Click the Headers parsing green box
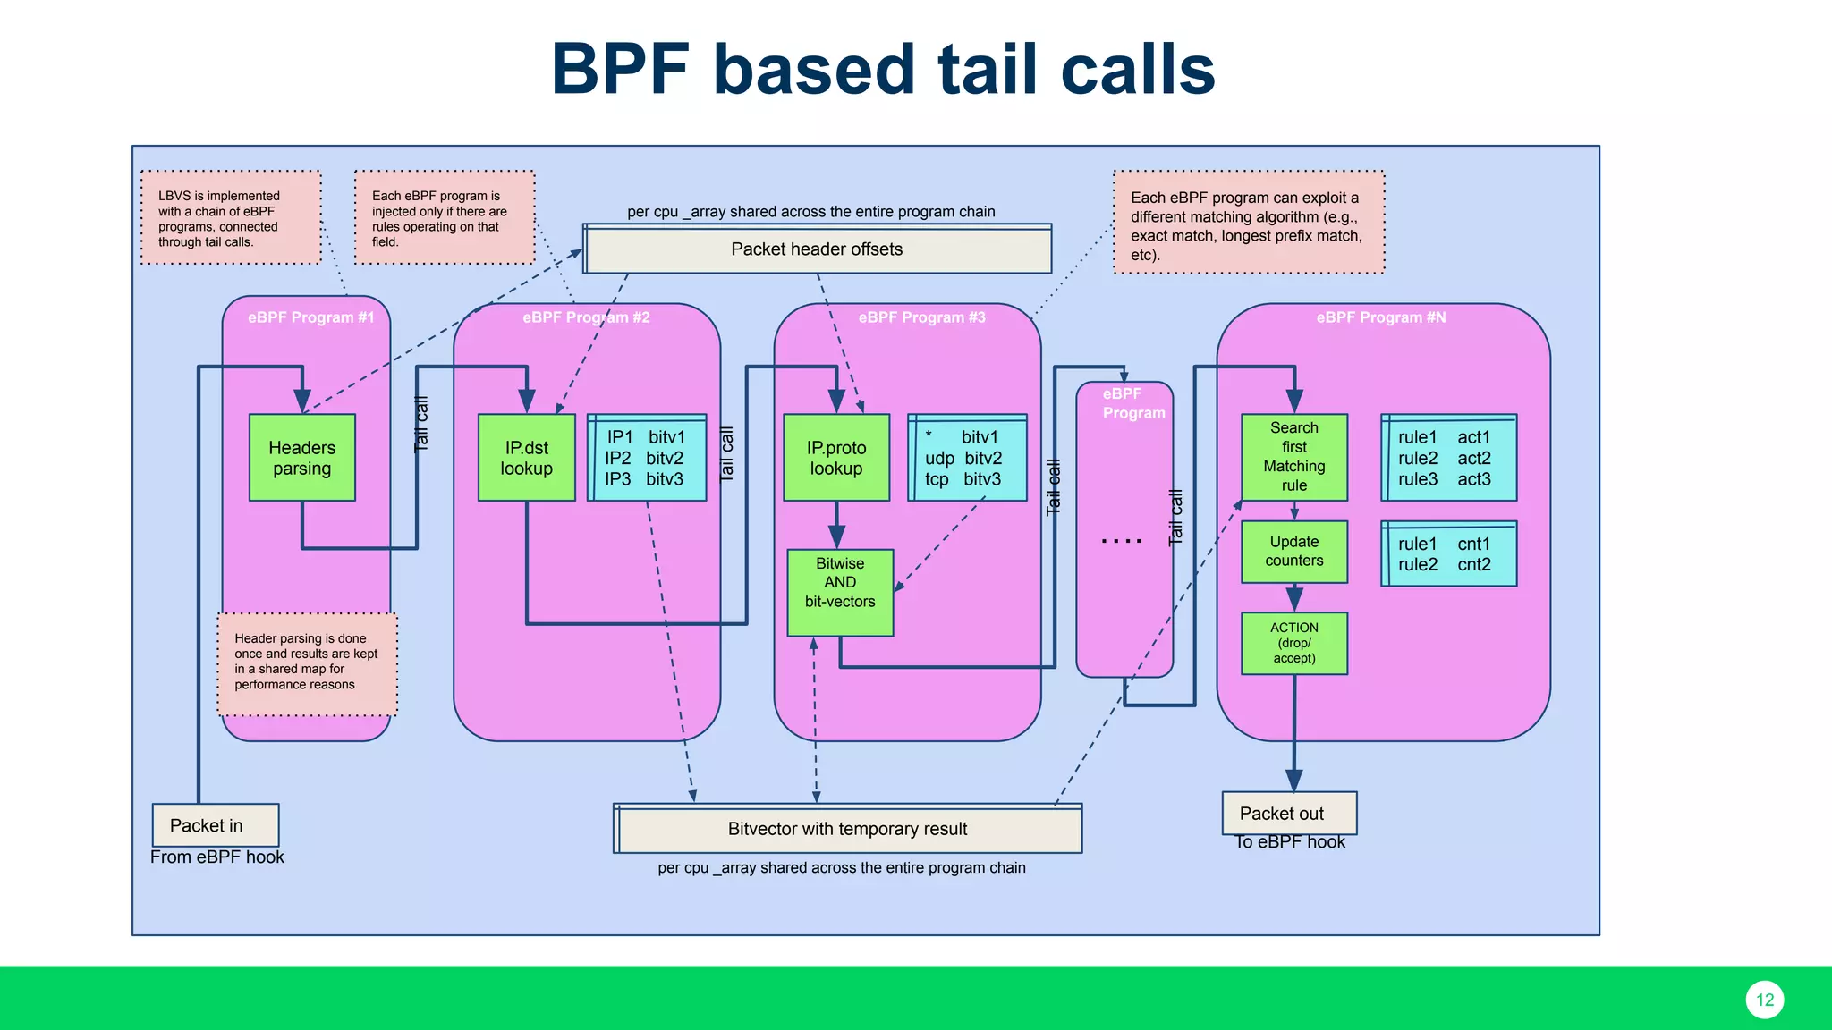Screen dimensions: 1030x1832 click(x=302, y=458)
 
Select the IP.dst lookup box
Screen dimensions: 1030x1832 click(x=526, y=458)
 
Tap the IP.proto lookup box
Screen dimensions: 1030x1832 click(x=835, y=458)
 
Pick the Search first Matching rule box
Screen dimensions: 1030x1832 click(x=1293, y=457)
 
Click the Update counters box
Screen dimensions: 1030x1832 click(x=1293, y=552)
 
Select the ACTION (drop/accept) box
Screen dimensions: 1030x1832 click(x=1293, y=643)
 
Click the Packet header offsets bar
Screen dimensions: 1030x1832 click(x=817, y=249)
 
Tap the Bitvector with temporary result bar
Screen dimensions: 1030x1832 click(x=847, y=829)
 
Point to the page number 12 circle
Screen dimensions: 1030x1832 click(x=1764, y=1000)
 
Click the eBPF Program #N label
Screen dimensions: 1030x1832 click(x=1380, y=317)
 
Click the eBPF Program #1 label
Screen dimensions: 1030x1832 click(x=310, y=317)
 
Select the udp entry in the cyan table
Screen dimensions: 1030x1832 click(x=939, y=459)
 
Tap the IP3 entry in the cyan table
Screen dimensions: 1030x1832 click(x=617, y=479)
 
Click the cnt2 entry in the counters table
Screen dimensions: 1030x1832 click(x=1473, y=565)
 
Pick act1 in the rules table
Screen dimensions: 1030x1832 click(x=1473, y=437)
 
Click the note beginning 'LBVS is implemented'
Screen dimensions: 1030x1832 click(x=231, y=218)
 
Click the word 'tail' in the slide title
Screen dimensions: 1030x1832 click(x=989, y=70)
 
